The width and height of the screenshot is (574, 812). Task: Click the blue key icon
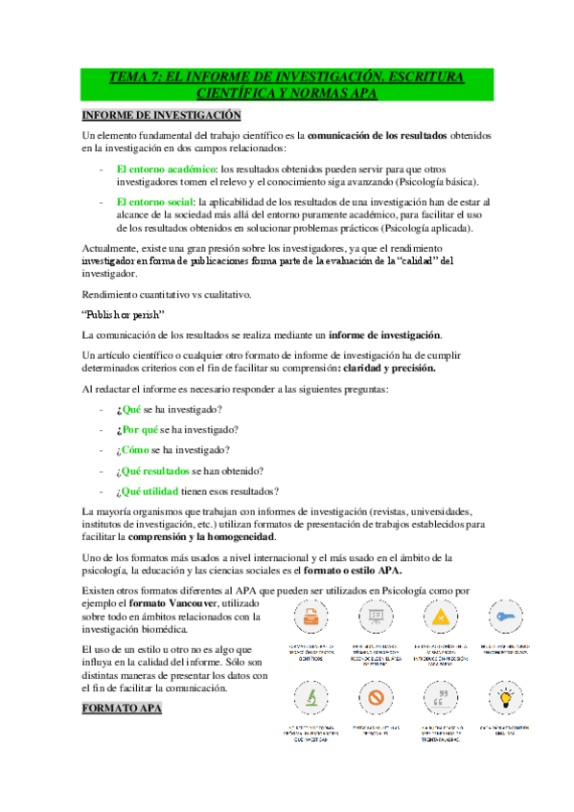tap(504, 615)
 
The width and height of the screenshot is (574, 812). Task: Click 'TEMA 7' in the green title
tap(136, 77)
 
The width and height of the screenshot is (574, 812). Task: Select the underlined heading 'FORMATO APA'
tap(122, 708)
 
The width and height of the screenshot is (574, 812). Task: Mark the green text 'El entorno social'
tap(153, 202)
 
